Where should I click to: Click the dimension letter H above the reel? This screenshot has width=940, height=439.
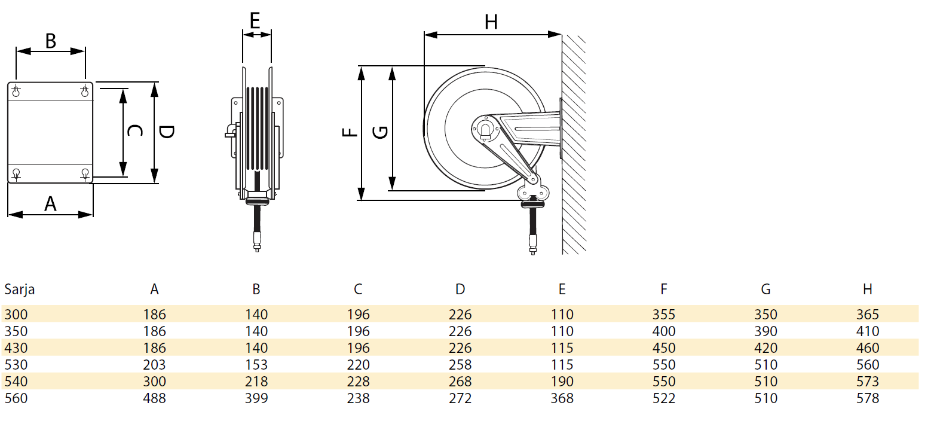[491, 22]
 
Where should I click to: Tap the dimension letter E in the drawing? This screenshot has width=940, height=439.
[255, 20]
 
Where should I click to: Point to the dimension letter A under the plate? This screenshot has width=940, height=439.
[50, 204]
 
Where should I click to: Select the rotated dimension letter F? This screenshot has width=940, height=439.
[350, 132]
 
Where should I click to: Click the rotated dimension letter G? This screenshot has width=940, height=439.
[380, 133]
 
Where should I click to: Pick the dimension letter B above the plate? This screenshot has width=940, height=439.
[51, 41]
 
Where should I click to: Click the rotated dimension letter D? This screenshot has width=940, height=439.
[167, 132]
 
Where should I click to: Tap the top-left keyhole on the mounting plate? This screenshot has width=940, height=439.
[16, 91]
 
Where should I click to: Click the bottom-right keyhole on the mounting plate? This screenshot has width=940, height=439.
[85, 173]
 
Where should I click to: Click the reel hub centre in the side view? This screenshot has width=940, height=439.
[485, 130]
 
